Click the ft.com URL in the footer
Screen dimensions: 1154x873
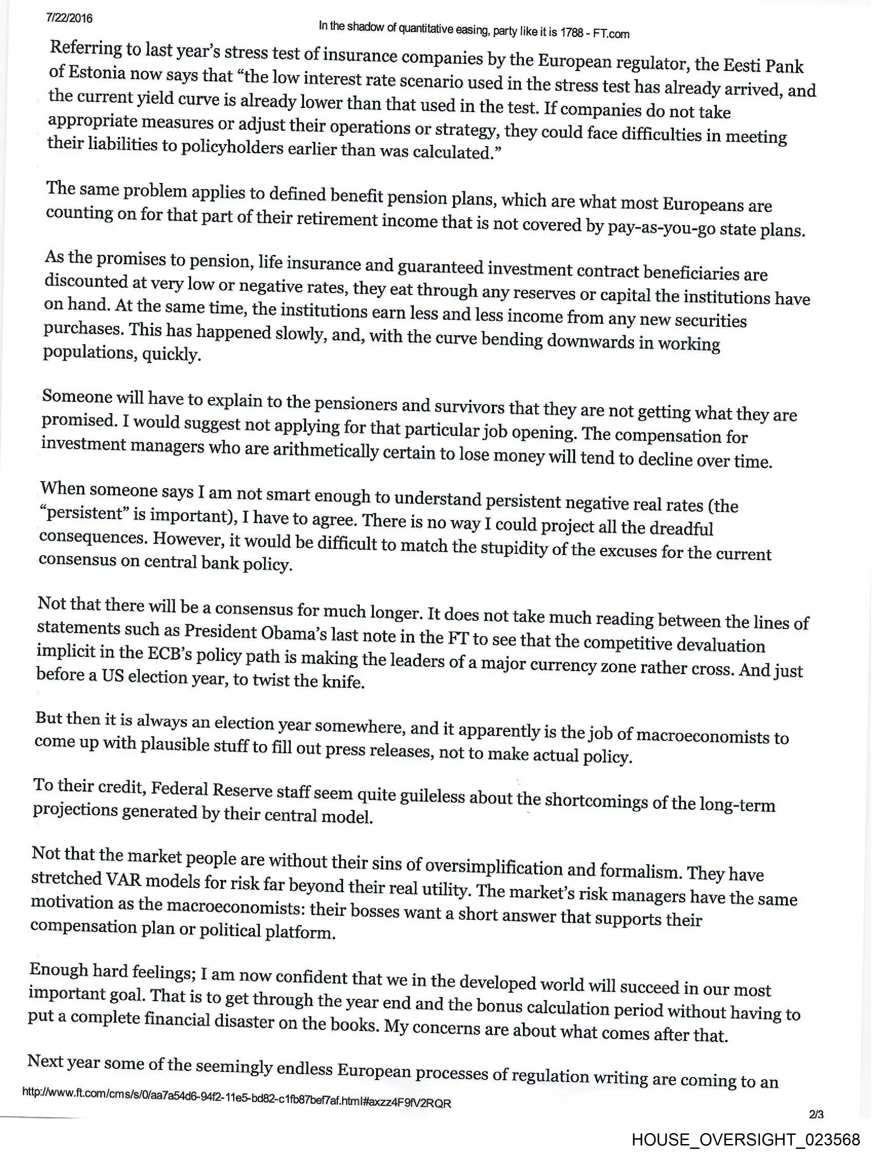pos(236,1104)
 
